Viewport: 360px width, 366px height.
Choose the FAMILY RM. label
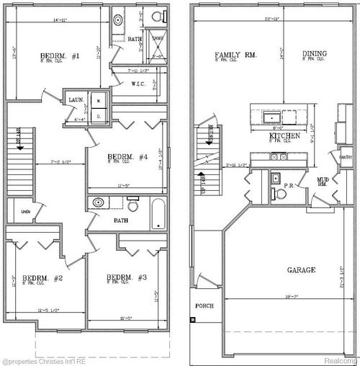click(234, 55)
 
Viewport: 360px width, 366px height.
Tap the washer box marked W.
click(99, 102)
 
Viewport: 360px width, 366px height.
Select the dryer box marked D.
click(99, 115)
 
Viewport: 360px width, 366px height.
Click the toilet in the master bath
click(156, 16)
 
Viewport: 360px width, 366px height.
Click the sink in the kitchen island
click(271, 117)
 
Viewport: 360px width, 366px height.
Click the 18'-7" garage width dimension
click(289, 295)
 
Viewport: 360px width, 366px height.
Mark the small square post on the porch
click(192, 318)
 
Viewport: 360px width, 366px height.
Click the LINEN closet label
click(25, 212)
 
